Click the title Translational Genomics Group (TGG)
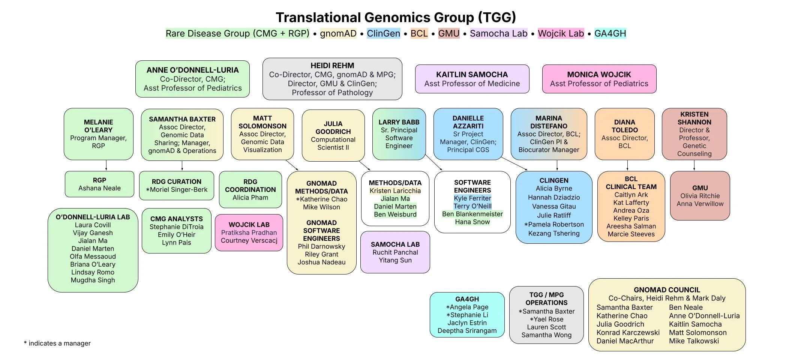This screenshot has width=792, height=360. click(396, 18)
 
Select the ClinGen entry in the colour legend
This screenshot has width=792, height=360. click(383, 33)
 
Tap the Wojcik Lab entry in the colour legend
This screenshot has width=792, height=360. click(561, 33)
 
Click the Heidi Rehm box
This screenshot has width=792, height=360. click(332, 79)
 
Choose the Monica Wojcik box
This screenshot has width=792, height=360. click(599, 79)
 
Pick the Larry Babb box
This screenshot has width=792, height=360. click(399, 134)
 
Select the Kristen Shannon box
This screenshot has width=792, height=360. click(694, 134)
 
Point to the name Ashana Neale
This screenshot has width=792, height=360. click(99, 188)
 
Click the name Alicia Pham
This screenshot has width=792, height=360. click(250, 198)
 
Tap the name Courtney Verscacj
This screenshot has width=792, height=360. click(249, 240)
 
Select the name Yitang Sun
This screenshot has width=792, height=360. click(395, 260)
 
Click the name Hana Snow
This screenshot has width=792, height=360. click(472, 222)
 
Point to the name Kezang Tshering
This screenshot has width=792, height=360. click(553, 233)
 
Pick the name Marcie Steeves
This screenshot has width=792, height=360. click(631, 234)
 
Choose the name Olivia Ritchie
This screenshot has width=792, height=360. click(700, 196)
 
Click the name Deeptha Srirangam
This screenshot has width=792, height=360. click(467, 331)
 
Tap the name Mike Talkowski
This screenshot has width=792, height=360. click(694, 341)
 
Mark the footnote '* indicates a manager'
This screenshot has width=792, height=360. click(57, 343)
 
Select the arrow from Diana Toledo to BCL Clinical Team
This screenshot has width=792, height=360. click(627, 165)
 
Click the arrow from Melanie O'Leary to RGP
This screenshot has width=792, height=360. click(106, 165)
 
